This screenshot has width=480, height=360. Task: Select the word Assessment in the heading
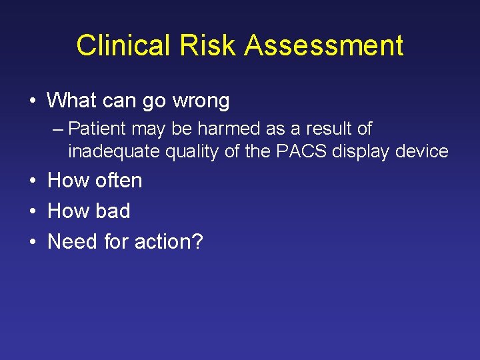(324, 46)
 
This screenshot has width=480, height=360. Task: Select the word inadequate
(109, 152)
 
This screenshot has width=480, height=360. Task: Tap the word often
(119, 180)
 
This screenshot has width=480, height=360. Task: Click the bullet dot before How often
(33, 181)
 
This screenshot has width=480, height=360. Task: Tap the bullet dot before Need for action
(33, 242)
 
